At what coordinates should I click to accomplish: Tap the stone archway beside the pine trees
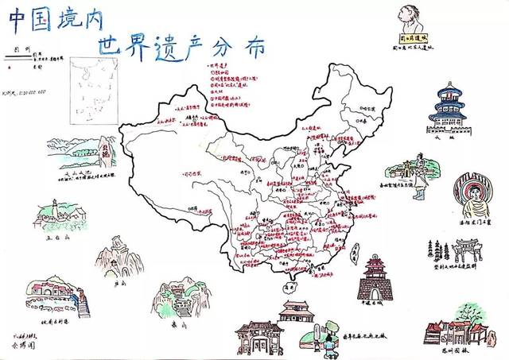[462, 252]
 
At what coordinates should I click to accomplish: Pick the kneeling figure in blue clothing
[328, 343]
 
